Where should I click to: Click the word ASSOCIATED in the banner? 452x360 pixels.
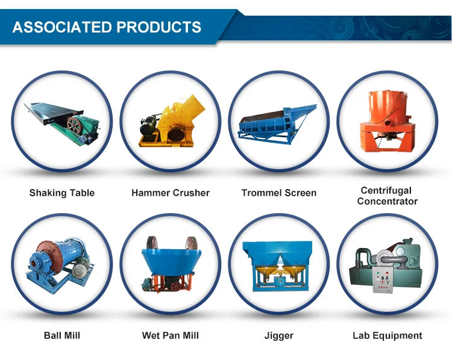coord(62,27)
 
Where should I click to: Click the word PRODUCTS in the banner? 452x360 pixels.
coord(159,27)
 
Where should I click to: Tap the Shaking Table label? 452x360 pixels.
coord(62,193)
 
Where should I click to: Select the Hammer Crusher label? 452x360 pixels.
coord(171,193)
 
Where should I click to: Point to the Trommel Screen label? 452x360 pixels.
coord(279,193)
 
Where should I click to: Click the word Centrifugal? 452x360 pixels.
coord(386,190)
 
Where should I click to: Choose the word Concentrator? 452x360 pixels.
coord(387,201)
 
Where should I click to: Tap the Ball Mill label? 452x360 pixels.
coord(62,335)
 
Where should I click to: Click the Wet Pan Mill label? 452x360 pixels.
coord(171,335)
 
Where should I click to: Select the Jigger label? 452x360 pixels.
coord(279,336)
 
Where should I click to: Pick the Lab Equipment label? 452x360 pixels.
coord(387,336)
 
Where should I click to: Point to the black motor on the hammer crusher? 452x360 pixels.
coord(148,126)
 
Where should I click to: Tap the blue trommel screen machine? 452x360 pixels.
coord(277,125)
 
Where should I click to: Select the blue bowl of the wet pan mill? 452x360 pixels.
coord(171,261)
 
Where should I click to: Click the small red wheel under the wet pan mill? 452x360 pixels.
coord(176,286)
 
